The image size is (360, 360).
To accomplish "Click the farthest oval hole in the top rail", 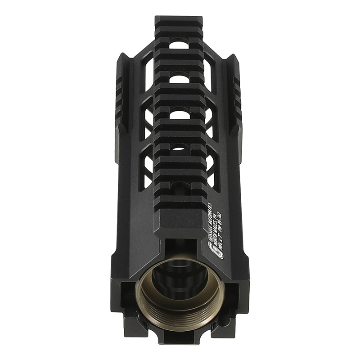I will pos(179,45).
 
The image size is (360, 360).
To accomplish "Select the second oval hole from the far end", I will pos(179,79).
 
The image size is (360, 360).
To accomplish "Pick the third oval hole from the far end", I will pos(180,114).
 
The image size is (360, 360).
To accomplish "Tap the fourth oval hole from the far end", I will pos(180,147).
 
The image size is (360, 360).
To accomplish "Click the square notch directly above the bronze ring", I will pos(180,247).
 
